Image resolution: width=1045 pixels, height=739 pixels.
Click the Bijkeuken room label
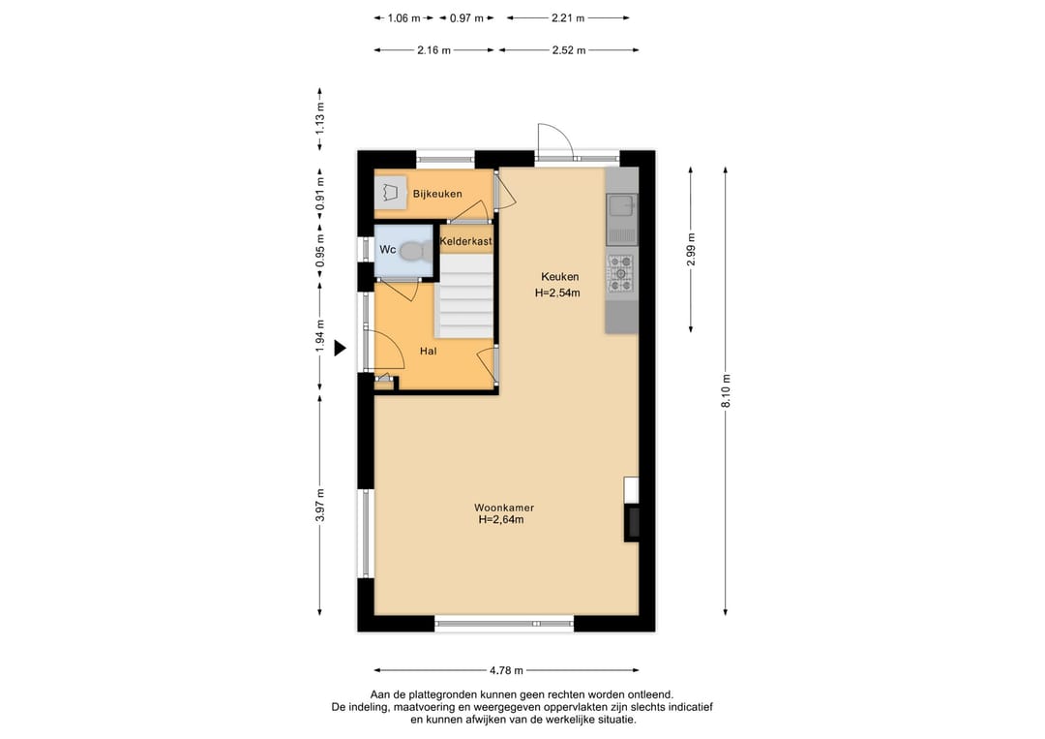pyautogui.click(x=437, y=194)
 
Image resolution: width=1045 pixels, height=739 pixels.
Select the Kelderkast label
pyautogui.click(x=465, y=241)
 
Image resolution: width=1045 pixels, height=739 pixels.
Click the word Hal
pyautogui.click(x=428, y=351)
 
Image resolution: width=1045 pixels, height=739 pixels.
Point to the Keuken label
pyautogui.click(x=560, y=277)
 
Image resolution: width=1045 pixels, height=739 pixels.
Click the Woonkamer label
pyautogui.click(x=504, y=508)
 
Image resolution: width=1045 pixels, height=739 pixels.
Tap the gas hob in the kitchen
pyautogui.click(x=621, y=273)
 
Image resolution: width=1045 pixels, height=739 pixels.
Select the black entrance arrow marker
pyautogui.click(x=340, y=348)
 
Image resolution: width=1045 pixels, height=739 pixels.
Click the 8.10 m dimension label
pyautogui.click(x=726, y=391)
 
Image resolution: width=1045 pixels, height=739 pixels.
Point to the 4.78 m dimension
pyautogui.click(x=506, y=670)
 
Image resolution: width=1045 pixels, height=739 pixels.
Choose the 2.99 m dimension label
pyautogui.click(x=691, y=250)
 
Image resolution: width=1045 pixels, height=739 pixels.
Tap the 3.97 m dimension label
pyautogui.click(x=320, y=506)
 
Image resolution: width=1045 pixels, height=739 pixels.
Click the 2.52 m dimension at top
pyautogui.click(x=569, y=50)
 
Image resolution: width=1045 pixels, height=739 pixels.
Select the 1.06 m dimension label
pyautogui.click(x=403, y=18)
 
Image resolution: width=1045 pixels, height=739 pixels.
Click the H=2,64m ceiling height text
pyautogui.click(x=500, y=519)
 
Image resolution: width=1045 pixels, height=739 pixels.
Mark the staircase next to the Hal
pyautogui.click(x=464, y=295)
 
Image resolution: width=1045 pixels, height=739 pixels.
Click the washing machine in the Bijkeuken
pyautogui.click(x=390, y=193)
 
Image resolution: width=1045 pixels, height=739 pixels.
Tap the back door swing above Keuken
pyautogui.click(x=555, y=141)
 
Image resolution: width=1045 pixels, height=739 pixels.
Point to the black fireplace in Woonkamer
pyautogui.click(x=632, y=522)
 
